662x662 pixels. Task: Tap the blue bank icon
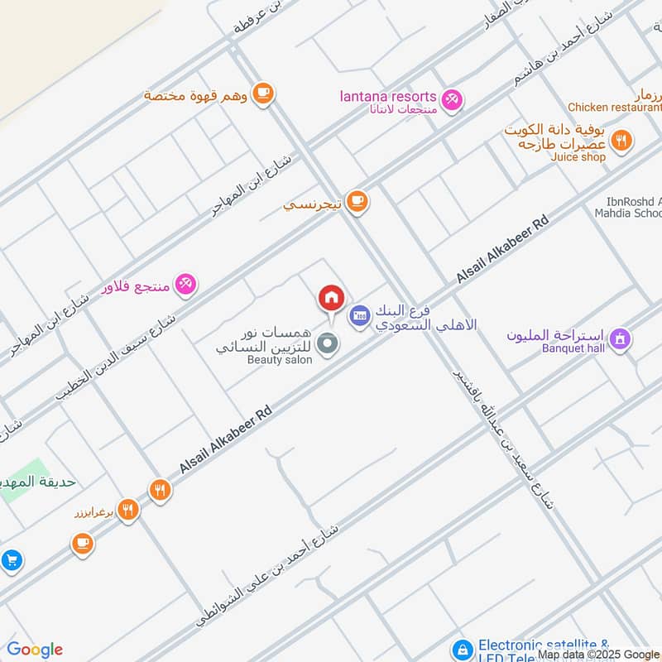(x=358, y=315)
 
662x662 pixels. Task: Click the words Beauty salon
(x=280, y=360)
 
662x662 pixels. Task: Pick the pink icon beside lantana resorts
(x=451, y=100)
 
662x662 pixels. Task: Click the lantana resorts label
(x=388, y=96)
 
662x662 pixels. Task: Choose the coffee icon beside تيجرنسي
(x=357, y=201)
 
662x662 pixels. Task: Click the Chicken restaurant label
(x=612, y=107)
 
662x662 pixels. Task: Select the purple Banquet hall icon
(x=619, y=338)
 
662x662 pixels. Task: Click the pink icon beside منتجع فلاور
(x=185, y=285)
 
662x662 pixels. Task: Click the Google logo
(x=35, y=650)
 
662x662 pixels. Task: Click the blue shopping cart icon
(x=10, y=560)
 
